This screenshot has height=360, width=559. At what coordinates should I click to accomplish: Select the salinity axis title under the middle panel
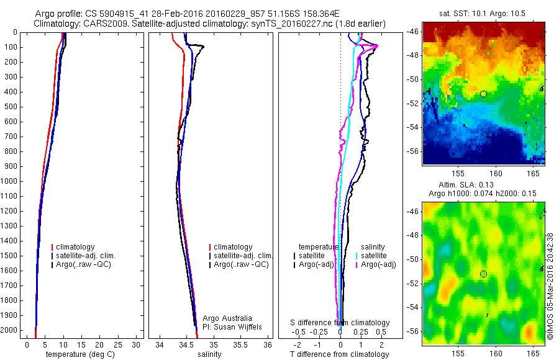point(209,354)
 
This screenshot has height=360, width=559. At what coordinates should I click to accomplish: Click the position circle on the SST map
point(483,94)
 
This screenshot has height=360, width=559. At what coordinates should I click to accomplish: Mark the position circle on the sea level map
point(483,274)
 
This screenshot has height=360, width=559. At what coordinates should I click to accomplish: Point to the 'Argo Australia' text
point(228,318)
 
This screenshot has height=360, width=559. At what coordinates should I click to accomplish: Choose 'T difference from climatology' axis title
point(340,354)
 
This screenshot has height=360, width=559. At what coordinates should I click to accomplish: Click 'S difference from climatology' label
point(340,323)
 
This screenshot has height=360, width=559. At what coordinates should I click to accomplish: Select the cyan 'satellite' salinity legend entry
point(375,256)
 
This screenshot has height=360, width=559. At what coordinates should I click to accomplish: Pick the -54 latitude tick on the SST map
point(413,127)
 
